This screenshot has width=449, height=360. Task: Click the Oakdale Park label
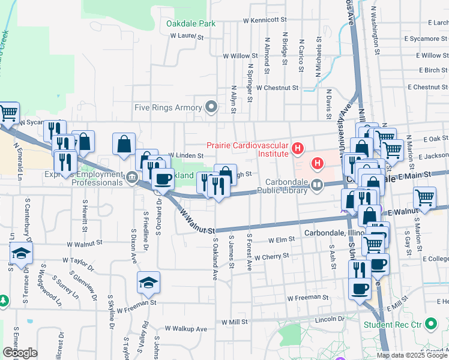[190, 24]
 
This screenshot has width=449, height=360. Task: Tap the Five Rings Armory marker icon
[211, 107]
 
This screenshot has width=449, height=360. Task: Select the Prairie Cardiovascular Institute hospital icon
[296, 148]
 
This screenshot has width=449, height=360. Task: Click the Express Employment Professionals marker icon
[132, 177]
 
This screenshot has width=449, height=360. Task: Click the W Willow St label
[240, 56]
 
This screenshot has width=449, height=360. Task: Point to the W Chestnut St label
[277, 88]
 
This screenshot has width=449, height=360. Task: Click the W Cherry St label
[271, 256]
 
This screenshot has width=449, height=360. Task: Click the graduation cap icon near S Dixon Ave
[148, 281]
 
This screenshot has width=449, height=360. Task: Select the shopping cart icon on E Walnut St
[424, 197]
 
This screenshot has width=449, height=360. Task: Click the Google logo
[20, 352]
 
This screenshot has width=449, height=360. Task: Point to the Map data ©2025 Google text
[412, 355]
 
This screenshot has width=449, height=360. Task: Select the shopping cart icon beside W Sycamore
[8, 112]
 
